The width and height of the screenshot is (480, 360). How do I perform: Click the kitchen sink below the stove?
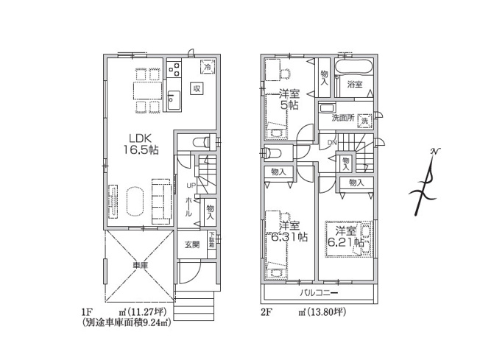coord(174,99)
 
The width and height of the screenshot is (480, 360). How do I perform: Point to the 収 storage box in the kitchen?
coord(197,88)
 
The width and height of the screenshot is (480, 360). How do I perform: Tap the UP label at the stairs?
coord(190,185)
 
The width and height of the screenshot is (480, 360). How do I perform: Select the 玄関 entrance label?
coord(191,244)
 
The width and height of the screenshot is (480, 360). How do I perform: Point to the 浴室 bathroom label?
coord(355,85)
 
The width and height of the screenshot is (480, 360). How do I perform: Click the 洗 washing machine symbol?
coord(364,119)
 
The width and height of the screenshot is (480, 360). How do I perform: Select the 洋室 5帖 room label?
coord(289,99)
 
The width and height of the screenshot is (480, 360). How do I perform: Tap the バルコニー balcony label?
coord(317,293)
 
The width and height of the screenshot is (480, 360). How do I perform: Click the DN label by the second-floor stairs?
coord(331,142)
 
